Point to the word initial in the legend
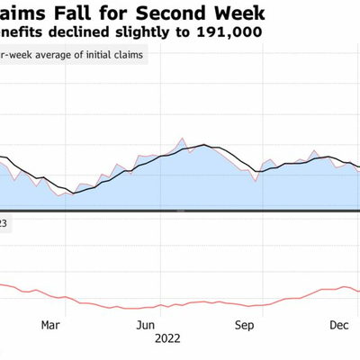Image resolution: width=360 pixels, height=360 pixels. (92, 56)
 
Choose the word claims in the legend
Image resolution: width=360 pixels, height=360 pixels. (129, 56)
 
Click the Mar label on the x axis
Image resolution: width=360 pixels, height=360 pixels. (51, 325)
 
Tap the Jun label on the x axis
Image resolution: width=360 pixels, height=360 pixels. (147, 325)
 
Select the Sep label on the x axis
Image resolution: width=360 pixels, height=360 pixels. (243, 325)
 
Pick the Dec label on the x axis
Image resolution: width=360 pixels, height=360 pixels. (338, 325)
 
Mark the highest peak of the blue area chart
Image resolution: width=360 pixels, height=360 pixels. (182, 139)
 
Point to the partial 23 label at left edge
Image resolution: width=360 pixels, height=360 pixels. (4, 223)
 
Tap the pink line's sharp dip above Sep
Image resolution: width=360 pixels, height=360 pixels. (256, 181)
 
